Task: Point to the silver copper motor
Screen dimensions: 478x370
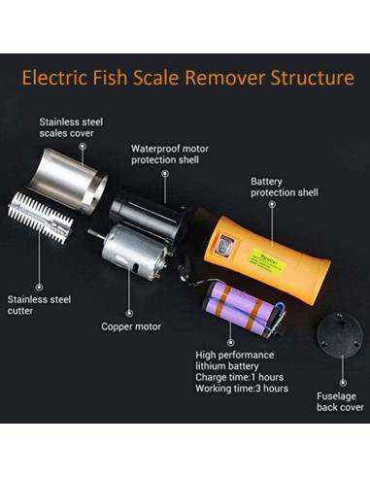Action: click(131, 255)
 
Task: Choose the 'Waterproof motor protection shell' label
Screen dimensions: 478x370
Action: click(171, 155)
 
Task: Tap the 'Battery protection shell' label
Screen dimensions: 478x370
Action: click(283, 188)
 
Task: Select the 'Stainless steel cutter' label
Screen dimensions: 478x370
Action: click(38, 307)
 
